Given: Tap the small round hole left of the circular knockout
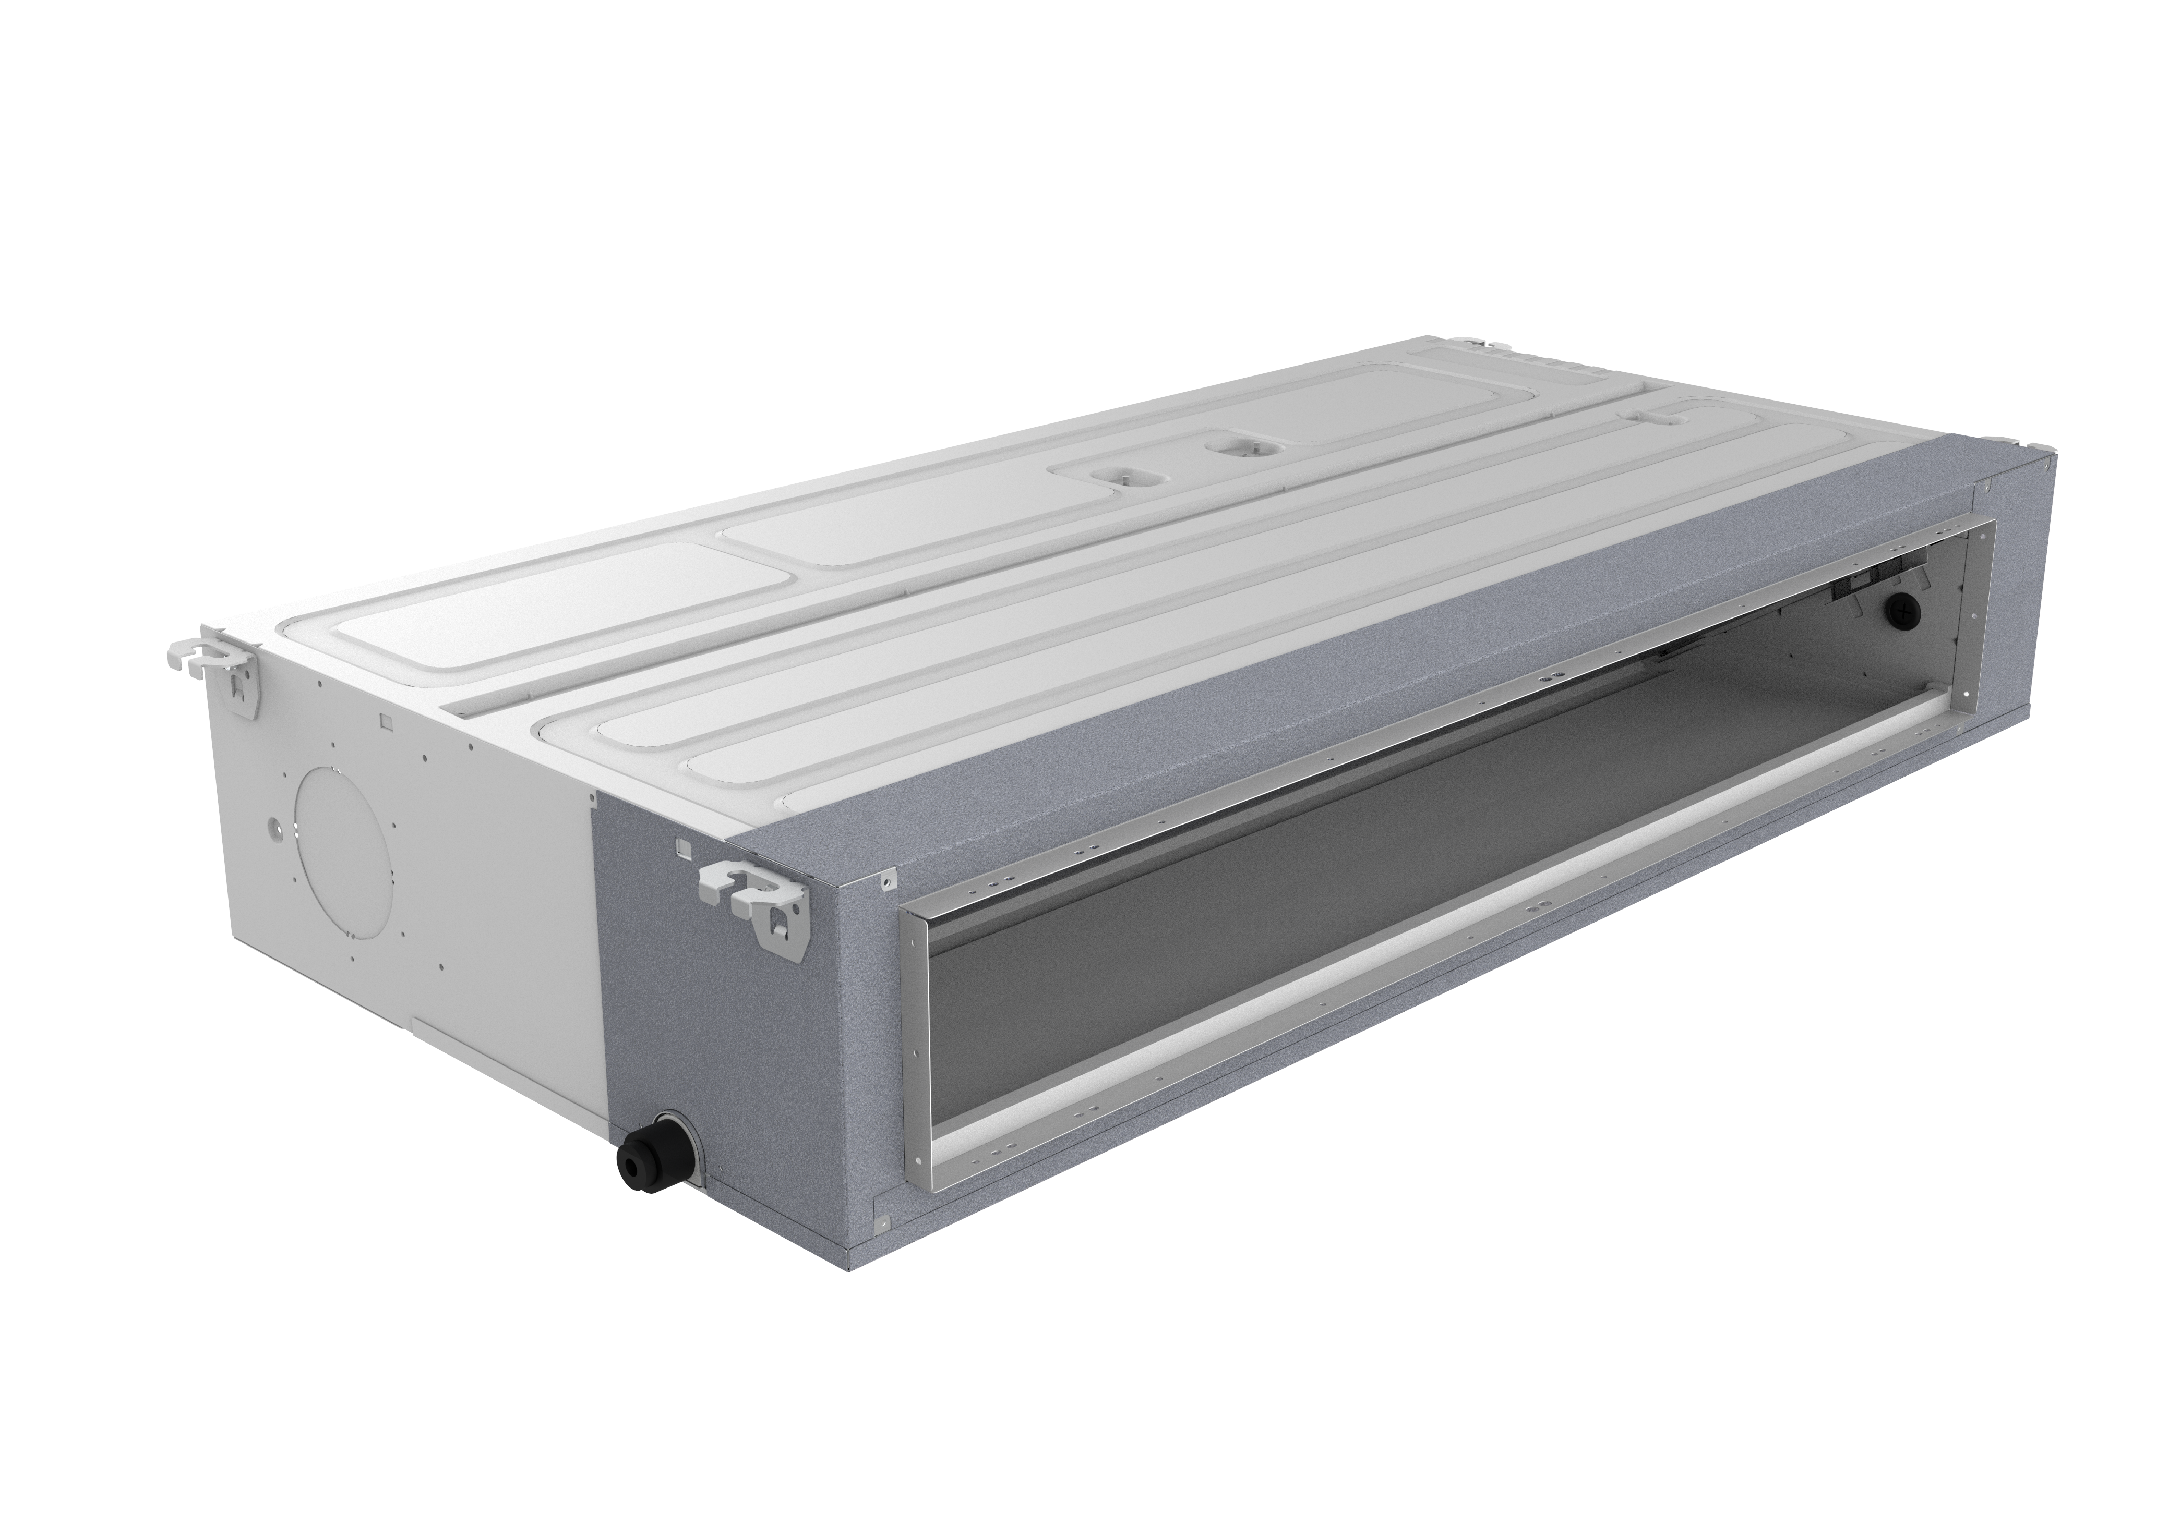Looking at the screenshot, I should coord(272,827).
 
